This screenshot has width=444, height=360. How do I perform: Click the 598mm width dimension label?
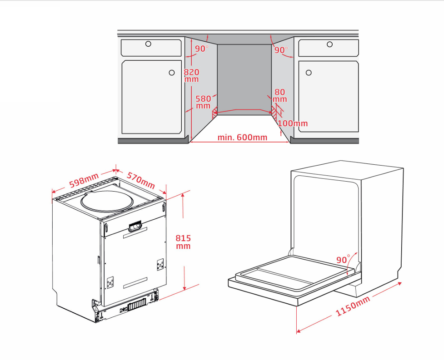[84, 180]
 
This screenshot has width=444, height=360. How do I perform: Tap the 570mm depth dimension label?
[141, 180]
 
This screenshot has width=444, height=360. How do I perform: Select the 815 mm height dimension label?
[183, 242]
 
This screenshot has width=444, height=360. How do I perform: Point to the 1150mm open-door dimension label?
[353, 306]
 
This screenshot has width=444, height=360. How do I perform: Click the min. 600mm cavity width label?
[242, 138]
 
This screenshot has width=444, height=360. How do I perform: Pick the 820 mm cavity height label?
[191, 75]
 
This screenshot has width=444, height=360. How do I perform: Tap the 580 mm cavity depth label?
[203, 102]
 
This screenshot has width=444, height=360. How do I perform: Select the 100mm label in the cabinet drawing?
[293, 123]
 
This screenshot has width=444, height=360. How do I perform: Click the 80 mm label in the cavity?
[280, 96]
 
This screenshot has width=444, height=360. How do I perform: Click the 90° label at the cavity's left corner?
[202, 49]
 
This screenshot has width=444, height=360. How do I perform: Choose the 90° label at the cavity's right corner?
[281, 50]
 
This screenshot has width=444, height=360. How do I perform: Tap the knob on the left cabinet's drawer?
[148, 44]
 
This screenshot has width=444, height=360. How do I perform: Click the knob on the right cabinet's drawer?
[329, 44]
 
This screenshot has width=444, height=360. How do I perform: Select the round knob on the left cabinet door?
[172, 73]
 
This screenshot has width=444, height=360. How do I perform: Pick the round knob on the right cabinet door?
[309, 73]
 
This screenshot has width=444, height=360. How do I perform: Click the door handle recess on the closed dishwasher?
[135, 226]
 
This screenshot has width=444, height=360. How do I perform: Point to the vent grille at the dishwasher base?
[137, 306]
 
